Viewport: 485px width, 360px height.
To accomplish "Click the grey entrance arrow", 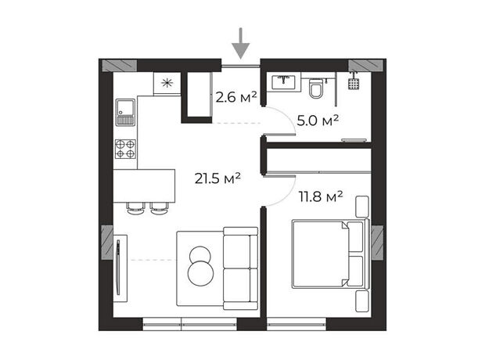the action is tap(241, 43).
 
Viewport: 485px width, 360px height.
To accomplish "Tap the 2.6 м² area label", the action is tap(236, 97).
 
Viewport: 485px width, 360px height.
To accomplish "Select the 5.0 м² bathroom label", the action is tap(318, 121).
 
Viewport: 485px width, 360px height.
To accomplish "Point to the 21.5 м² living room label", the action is tap(217, 178).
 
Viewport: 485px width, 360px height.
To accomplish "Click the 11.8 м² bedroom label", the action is tap(321, 196).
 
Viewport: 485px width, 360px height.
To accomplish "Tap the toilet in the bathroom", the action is tap(316, 88).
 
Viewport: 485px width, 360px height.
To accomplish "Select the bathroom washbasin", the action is tap(283, 82).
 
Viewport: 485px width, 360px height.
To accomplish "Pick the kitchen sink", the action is tap(125, 113).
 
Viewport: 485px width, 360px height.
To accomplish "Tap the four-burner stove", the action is tap(125, 149).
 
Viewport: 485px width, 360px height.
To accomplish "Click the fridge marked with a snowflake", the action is tap(167, 83).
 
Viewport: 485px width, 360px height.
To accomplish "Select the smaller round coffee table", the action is tap(200, 255).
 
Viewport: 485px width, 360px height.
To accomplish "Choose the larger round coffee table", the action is tap(200, 273).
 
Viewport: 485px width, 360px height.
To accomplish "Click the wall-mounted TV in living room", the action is tap(118, 267).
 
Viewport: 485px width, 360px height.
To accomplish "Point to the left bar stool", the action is tap(136, 208).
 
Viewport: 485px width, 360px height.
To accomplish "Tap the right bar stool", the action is tap(160, 208).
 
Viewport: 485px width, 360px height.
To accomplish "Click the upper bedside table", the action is tap(362, 207).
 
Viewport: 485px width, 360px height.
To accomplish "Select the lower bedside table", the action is tap(362, 301).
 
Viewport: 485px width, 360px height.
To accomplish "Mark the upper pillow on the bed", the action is tap(355, 237).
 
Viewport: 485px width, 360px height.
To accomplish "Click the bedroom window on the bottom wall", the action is tap(296, 324).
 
